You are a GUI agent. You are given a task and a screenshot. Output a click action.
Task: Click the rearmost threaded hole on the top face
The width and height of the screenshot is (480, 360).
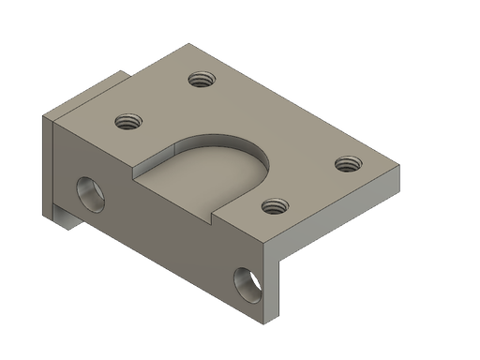coord(199,80)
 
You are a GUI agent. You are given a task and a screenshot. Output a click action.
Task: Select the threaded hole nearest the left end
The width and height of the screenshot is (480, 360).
coord(128,120)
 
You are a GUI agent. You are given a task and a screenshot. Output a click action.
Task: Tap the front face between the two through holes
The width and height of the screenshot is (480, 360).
coord(169,234)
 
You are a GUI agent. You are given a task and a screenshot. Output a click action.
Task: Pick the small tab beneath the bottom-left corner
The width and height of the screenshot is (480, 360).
coord(67,221)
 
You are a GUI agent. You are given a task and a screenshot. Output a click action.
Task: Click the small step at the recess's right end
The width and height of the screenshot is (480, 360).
coord(217,215)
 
